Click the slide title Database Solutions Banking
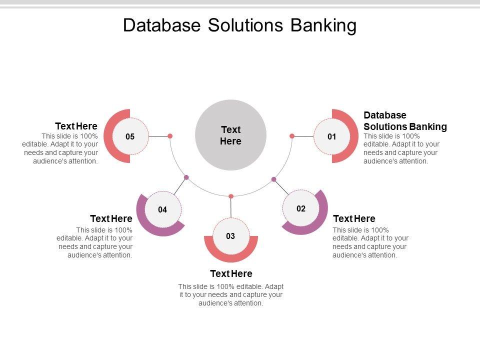(240, 25)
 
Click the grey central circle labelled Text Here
(230, 135)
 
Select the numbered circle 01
(332, 136)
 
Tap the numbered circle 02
(301, 208)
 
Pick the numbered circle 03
(230, 236)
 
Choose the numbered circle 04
(162, 210)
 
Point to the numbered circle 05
(130, 136)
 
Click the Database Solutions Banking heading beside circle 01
(405, 121)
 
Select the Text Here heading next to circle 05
(76, 126)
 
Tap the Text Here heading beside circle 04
(111, 218)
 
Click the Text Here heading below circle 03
(231, 273)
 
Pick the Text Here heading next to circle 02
(354, 218)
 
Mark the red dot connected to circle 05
(170, 136)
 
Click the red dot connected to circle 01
(292, 135)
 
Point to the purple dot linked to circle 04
(186, 177)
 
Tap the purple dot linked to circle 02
(274, 179)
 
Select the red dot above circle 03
(231, 196)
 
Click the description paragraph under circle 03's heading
(231, 294)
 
